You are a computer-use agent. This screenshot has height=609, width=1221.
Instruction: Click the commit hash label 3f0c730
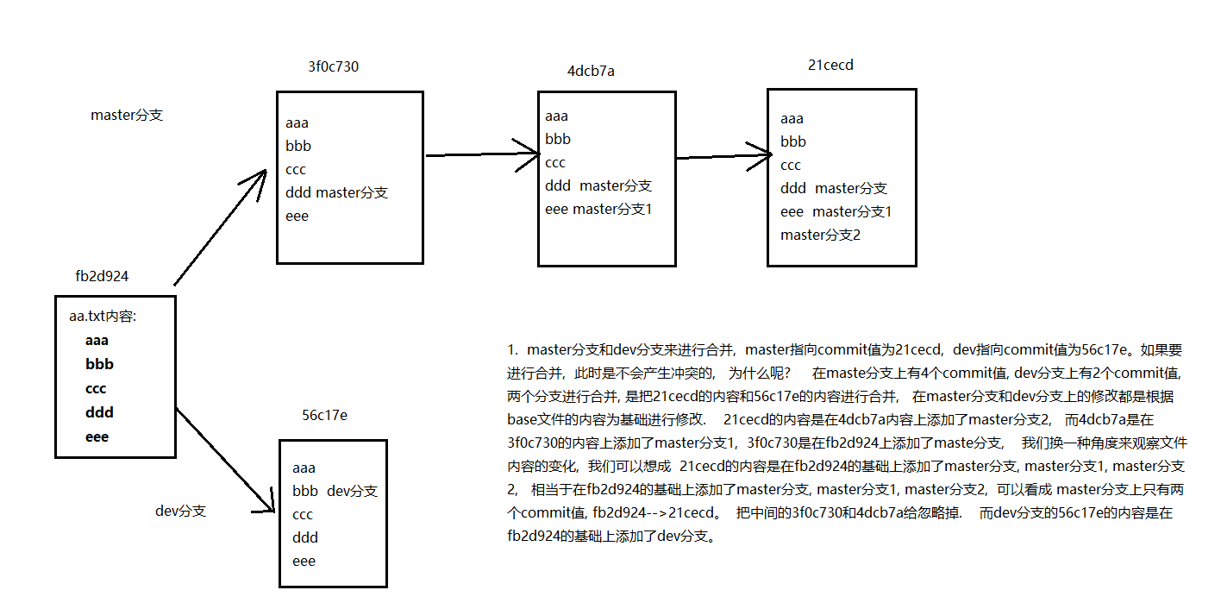tap(333, 67)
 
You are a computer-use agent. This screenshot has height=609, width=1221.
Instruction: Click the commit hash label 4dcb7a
tap(591, 71)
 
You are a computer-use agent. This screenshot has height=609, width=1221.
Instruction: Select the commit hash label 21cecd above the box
tap(830, 65)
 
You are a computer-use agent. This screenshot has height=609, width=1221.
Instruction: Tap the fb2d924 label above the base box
tap(103, 277)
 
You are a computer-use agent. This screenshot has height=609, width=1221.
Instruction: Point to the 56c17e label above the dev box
tap(324, 416)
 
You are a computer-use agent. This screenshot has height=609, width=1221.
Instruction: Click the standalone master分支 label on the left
tap(127, 115)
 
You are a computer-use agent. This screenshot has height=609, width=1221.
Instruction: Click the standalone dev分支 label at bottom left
tap(181, 511)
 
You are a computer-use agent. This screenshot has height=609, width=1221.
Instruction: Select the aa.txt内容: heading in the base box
tap(103, 317)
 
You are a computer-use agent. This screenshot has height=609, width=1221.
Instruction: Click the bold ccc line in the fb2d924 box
tap(96, 388)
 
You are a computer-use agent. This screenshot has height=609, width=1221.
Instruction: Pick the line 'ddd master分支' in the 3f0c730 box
tap(336, 192)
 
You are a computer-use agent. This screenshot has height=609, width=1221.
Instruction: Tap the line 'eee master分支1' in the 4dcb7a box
tap(598, 209)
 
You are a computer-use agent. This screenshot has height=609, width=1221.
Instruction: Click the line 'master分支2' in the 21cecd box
tap(820, 235)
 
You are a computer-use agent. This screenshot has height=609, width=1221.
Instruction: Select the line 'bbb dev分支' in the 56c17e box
tap(335, 491)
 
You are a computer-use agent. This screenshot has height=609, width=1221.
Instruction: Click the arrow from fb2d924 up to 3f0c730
tap(220, 227)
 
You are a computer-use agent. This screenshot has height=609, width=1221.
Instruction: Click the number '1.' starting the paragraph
tap(513, 349)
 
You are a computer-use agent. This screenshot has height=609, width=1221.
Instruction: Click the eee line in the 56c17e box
tap(304, 561)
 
